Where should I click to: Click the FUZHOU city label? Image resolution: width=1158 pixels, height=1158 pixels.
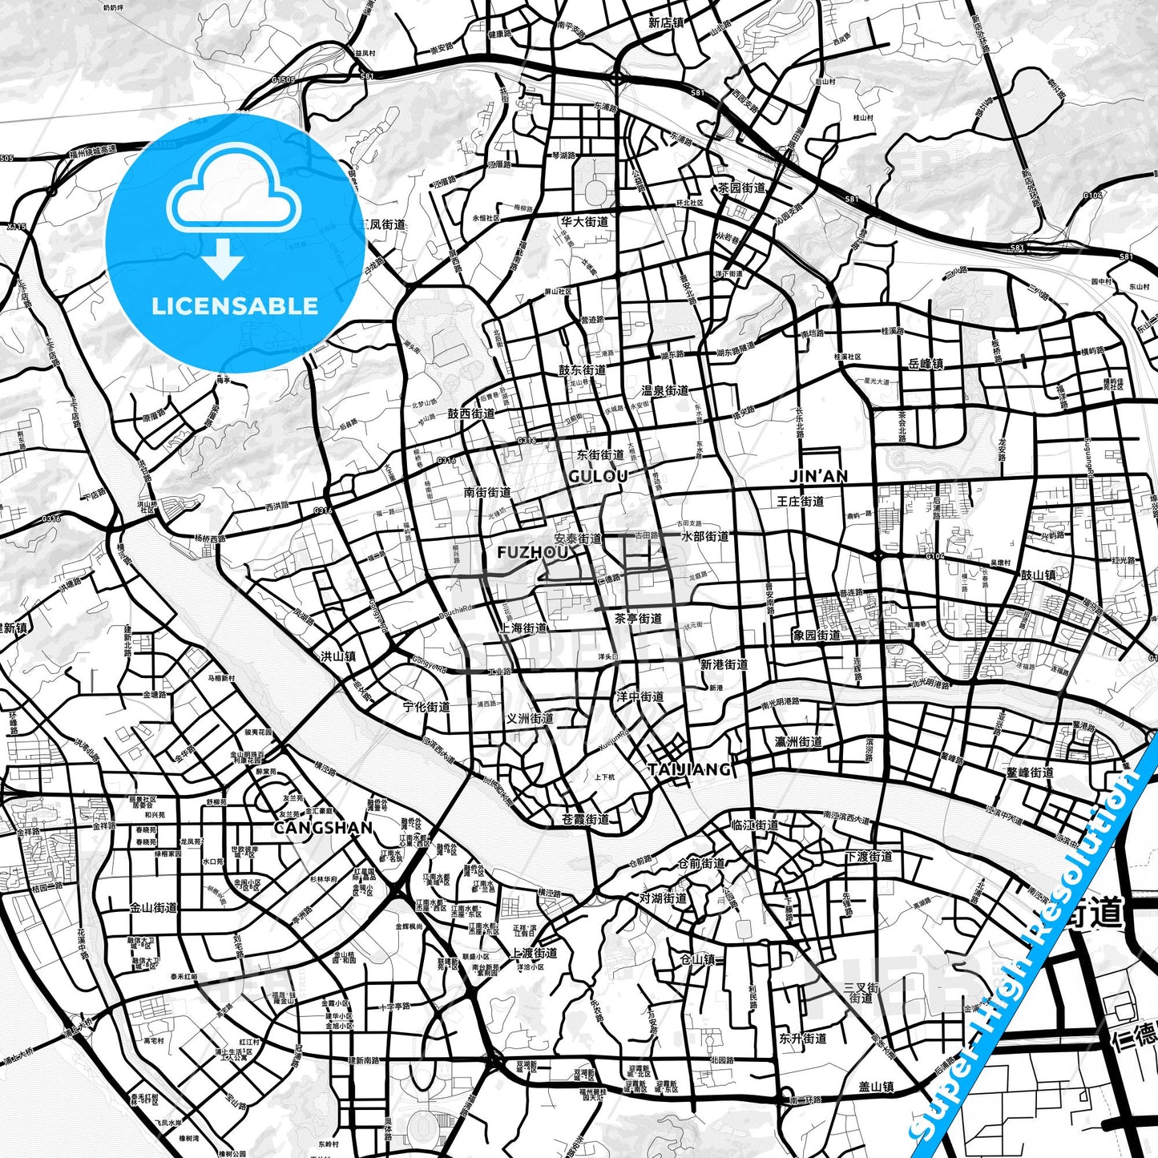533,553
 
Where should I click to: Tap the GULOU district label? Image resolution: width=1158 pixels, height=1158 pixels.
598,476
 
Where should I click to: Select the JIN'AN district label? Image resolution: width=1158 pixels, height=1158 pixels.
818,476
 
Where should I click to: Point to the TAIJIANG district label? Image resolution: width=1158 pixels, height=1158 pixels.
689,769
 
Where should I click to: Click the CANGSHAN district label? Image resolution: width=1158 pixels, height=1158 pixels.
323,827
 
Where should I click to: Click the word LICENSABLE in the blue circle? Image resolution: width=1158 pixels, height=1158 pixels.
235,305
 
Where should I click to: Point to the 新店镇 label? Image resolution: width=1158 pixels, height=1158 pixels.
666,22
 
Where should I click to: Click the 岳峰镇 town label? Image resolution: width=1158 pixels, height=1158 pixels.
926,364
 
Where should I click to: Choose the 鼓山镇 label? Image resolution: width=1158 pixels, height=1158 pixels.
1038,575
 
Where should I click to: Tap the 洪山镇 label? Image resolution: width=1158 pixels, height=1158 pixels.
338,656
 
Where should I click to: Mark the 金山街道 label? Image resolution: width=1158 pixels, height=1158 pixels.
153,908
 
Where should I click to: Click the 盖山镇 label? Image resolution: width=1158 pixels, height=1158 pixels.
876,1087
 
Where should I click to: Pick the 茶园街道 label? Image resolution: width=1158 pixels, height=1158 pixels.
741,188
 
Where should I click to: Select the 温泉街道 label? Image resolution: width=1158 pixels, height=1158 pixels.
665,390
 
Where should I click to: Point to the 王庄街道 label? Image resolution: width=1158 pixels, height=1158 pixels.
801,502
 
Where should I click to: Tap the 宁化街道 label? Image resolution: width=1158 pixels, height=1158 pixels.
426,707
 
